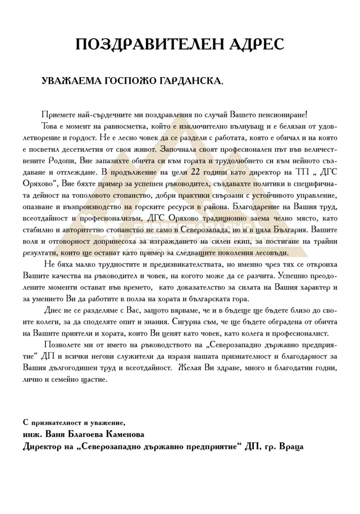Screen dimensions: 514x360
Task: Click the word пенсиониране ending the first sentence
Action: pyautogui.click(x=282, y=115)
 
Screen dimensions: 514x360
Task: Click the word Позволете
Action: pyautogui.click(x=61, y=345)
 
